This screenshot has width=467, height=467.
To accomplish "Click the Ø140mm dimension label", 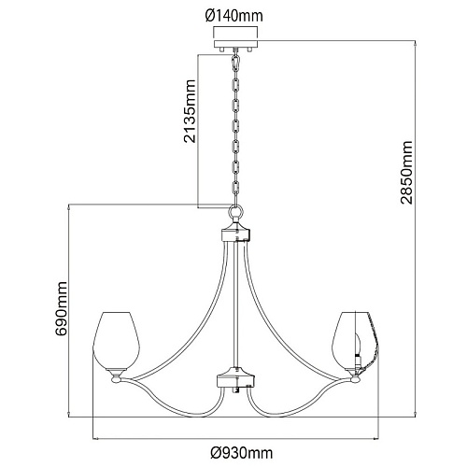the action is (234, 16).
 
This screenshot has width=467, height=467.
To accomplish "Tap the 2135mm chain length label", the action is (190, 111).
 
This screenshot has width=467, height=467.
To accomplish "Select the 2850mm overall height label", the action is (406, 173).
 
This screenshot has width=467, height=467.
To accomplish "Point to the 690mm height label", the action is (61, 308).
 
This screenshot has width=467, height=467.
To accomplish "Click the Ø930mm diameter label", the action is (242, 452).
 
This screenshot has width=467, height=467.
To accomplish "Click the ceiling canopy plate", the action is (235, 44).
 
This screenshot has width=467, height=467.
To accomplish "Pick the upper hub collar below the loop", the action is (235, 234).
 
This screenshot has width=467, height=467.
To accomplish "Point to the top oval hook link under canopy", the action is (236, 64).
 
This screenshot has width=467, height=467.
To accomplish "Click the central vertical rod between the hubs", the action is (236, 304).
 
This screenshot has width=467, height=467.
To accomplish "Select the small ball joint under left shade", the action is (116, 379).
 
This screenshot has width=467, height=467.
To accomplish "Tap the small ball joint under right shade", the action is (355, 379).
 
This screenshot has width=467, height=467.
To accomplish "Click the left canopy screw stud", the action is (221, 50).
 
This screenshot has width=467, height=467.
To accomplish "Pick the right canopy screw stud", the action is (249, 50).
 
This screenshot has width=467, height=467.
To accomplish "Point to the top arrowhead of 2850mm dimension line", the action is (415, 44).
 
